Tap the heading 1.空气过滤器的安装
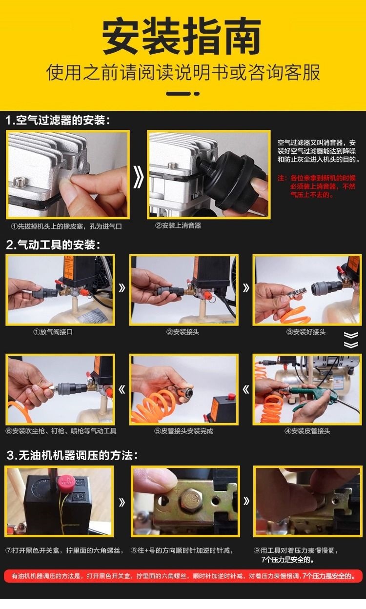[58, 120]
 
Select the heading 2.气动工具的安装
[53, 244]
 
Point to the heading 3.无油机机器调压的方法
[72, 455]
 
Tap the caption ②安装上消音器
[178, 225]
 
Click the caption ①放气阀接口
[53, 332]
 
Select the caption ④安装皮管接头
[307, 431]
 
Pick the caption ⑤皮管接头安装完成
[184, 431]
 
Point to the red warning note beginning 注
[317, 186]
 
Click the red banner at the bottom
[183, 576]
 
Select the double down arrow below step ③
[351, 340]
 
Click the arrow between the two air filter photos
[139, 177]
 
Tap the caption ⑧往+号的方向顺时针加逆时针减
[182, 550]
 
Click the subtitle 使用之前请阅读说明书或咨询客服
[183, 73]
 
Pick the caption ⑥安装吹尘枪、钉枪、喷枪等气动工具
[61, 431]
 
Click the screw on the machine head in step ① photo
[20, 181]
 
